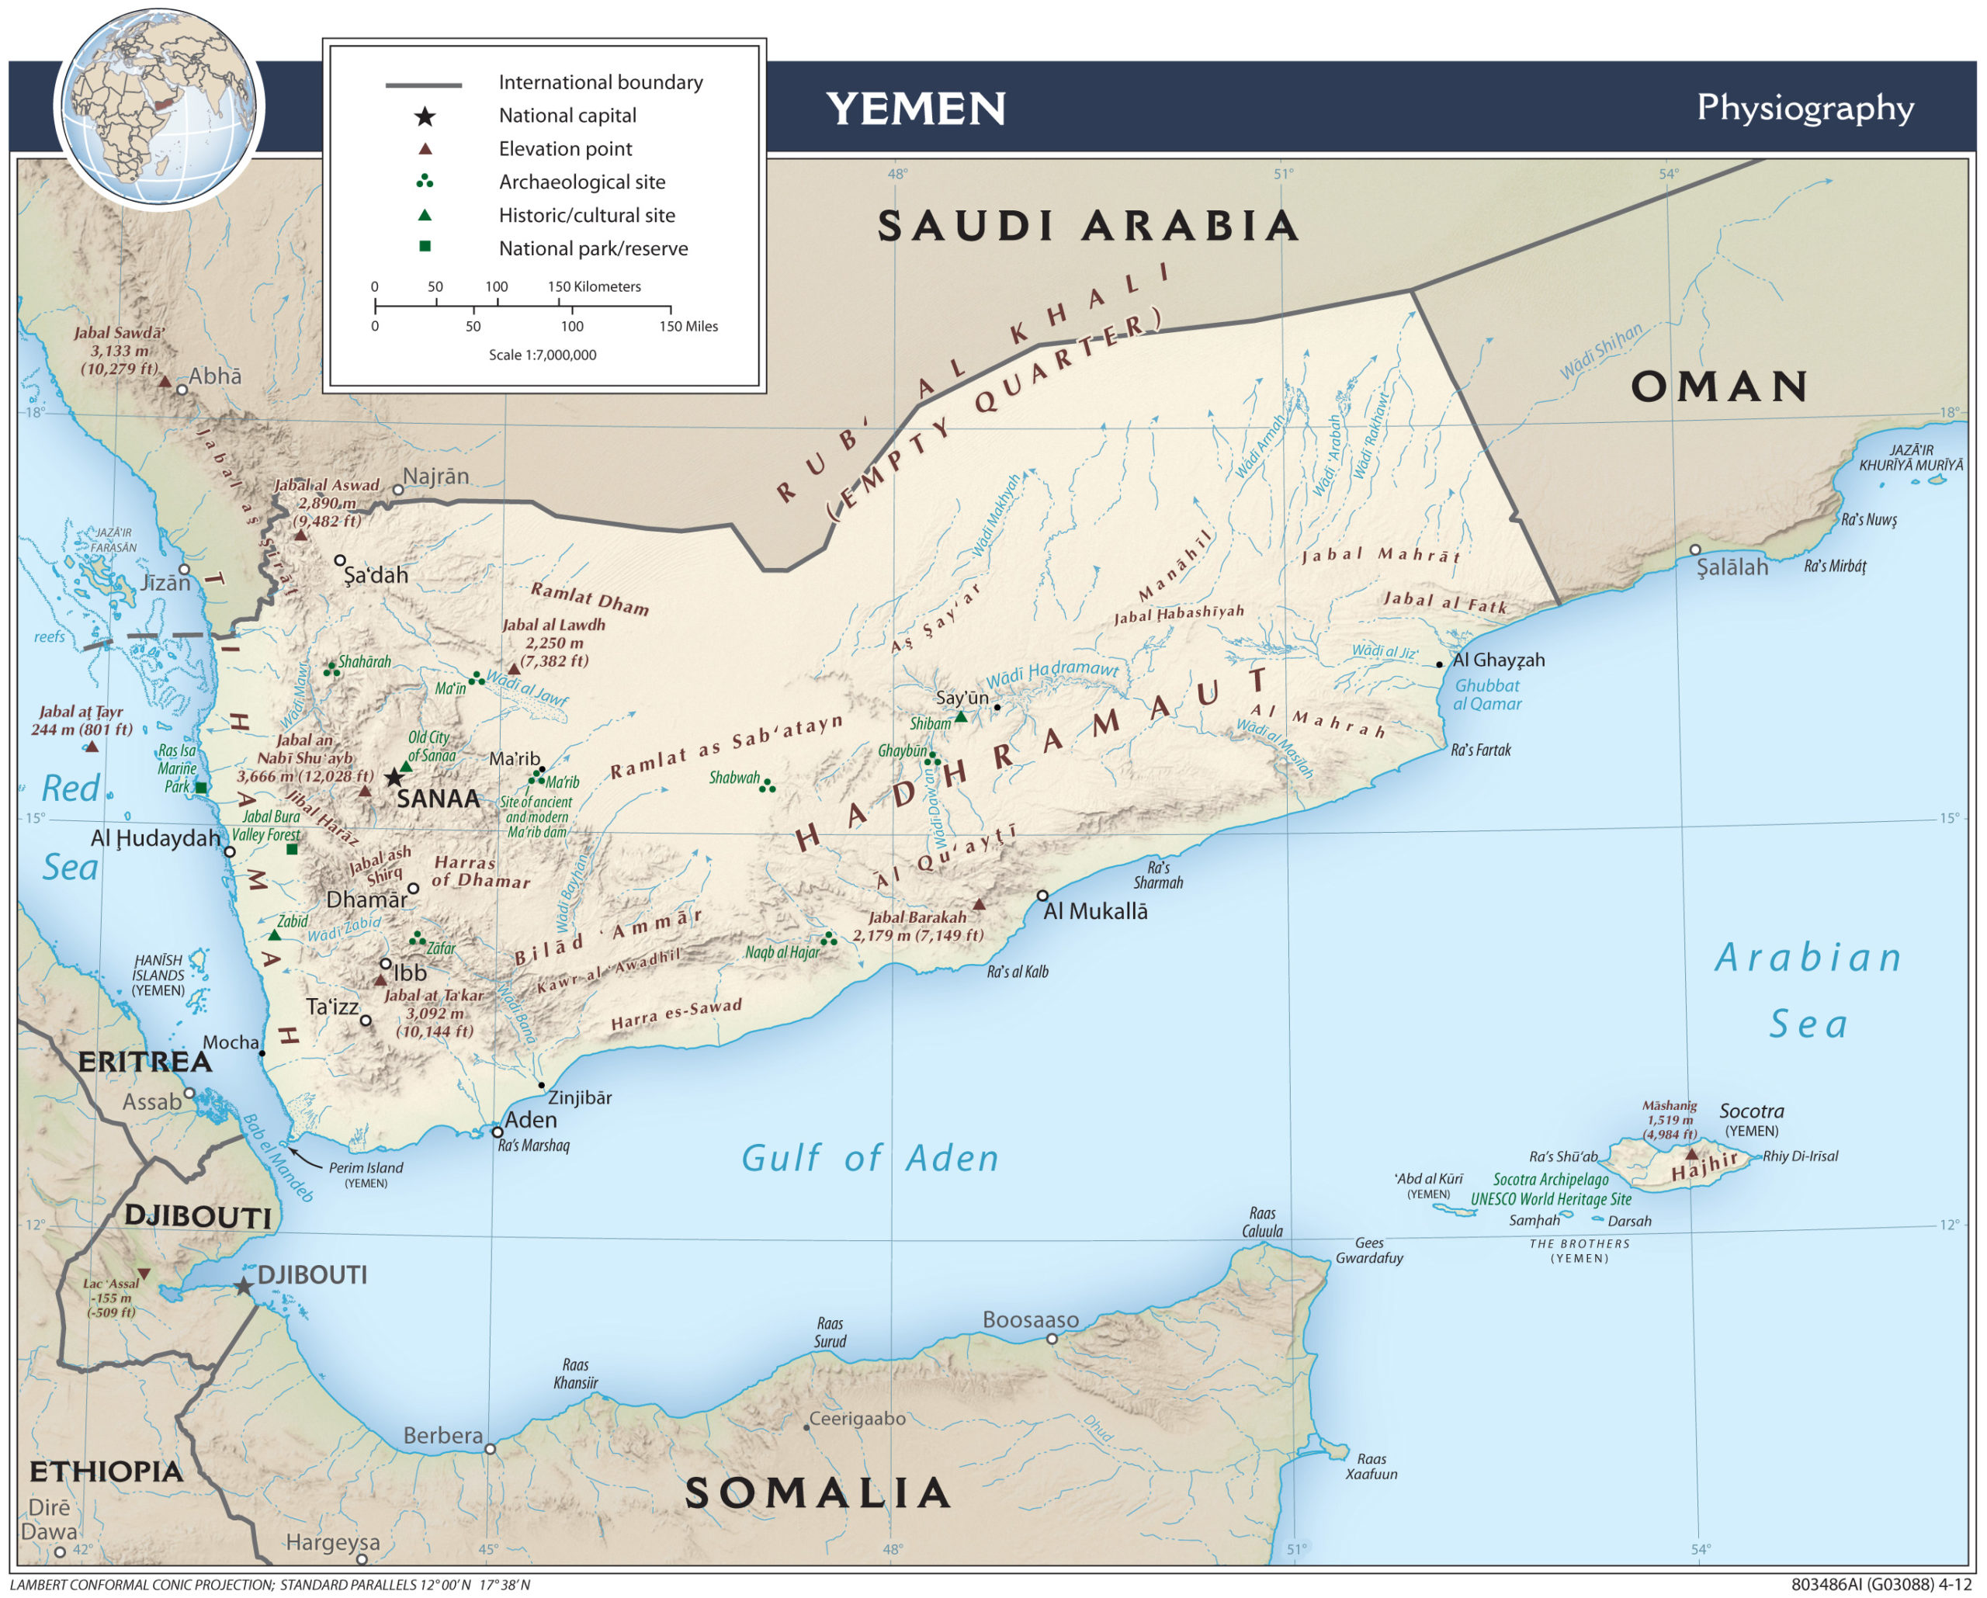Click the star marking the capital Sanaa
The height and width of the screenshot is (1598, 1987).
click(x=394, y=777)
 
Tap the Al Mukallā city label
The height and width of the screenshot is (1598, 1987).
click(x=1095, y=911)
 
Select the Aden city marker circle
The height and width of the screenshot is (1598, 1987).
click(x=497, y=1132)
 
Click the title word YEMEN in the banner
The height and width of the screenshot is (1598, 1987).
click(x=914, y=109)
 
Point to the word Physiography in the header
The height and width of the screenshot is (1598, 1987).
click(x=1805, y=108)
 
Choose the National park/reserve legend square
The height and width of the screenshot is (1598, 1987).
click(x=425, y=247)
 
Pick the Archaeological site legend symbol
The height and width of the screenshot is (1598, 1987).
click(x=425, y=182)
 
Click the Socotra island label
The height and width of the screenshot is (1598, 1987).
click(x=1751, y=1111)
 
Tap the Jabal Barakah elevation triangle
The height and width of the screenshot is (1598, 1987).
click(x=979, y=905)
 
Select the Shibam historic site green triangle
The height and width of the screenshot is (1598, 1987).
click(x=960, y=716)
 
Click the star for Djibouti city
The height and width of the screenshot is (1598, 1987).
click(x=243, y=1287)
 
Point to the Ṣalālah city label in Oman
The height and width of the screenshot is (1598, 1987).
click(x=1732, y=567)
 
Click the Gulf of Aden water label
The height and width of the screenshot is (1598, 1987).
click(x=869, y=1159)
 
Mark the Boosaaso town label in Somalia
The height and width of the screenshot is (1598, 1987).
click(x=1029, y=1319)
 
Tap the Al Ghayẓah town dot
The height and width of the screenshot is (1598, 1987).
click(x=1439, y=664)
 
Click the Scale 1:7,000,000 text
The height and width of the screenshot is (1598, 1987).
click(x=542, y=355)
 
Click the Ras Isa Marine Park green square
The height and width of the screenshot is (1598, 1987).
click(x=201, y=788)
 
